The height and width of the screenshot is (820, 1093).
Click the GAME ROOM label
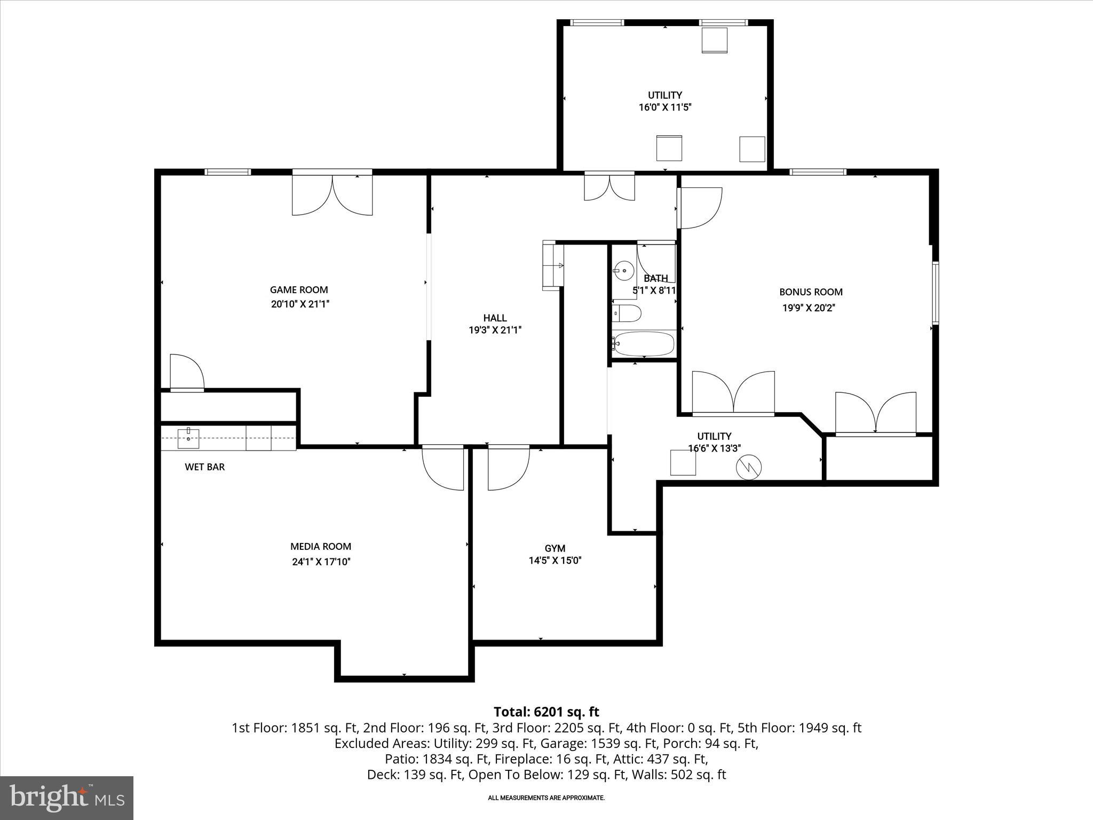pos(299,290)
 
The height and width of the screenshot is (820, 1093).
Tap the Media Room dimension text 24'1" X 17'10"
pos(321,562)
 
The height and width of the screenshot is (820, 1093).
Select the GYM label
pos(555,548)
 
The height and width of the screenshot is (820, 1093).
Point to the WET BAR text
pos(205,467)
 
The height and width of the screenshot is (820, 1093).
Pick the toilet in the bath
pos(626,314)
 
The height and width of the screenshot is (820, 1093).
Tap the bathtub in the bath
pos(643,344)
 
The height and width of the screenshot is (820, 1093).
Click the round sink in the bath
pos(624,271)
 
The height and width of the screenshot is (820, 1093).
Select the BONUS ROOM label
pos(811,292)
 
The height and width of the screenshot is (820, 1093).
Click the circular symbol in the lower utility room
pos(749,468)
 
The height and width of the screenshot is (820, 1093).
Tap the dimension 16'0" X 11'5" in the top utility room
pos(665,107)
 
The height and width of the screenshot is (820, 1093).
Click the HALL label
pos(495,318)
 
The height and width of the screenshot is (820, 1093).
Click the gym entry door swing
pos(508,469)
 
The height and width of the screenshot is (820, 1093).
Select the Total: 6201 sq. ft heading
pos(546,712)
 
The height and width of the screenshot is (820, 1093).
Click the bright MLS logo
pos(67,798)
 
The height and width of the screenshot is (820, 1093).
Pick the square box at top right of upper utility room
pos(715,40)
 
